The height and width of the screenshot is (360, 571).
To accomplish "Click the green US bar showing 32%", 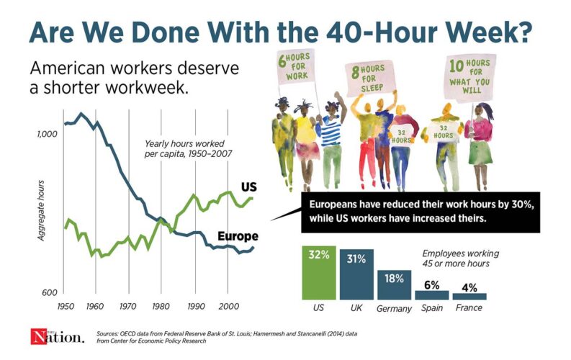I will point(318,273).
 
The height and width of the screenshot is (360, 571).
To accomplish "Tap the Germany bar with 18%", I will point(394,284).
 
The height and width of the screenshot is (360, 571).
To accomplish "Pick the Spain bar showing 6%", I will point(432,294).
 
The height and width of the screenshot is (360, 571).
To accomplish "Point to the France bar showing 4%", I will point(469,296).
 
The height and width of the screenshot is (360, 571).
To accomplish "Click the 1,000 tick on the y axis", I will point(46,133).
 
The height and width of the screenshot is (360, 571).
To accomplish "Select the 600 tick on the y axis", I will point(49,293).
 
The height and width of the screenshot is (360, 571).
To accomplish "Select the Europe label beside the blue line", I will point(237,236).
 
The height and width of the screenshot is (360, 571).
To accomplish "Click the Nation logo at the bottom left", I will point(49,337).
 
